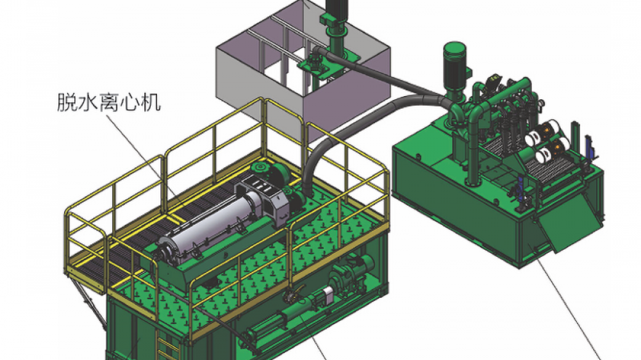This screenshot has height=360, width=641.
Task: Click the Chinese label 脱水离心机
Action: (x=109, y=102)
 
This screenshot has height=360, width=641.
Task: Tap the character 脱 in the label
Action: (x=67, y=102)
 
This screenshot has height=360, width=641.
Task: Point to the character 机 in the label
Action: (x=151, y=102)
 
